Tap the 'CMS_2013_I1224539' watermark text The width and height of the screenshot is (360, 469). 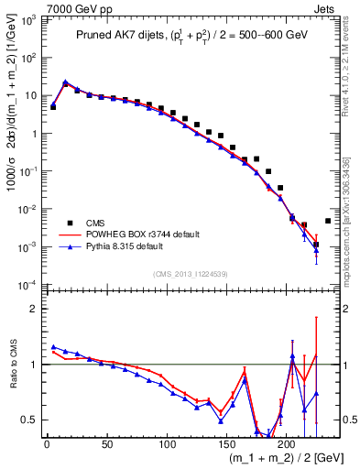coord(191,273)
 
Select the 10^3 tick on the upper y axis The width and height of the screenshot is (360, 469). coord(27,19)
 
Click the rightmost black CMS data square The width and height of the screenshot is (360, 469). coord(328,221)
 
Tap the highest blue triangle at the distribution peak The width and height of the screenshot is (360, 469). coord(65,82)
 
